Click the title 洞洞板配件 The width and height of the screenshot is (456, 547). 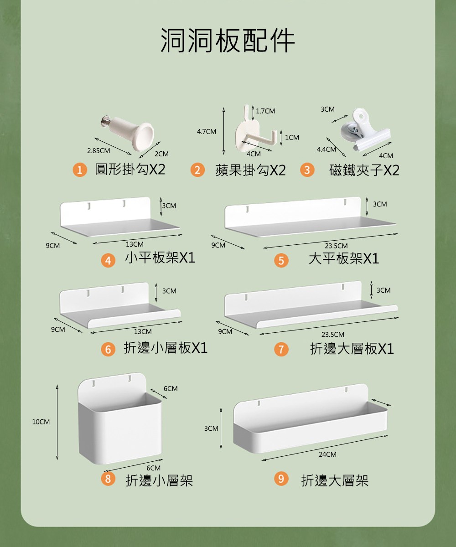[228, 40]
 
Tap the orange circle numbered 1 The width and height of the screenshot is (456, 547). [80, 170]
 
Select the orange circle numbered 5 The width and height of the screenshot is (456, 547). [281, 261]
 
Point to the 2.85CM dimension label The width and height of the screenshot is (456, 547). [98, 151]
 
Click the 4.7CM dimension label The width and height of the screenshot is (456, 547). [207, 132]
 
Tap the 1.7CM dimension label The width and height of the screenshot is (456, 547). [265, 111]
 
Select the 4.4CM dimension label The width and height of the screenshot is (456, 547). [326, 150]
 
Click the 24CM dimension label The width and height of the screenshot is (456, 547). [327, 454]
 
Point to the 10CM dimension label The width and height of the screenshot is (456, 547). [41, 422]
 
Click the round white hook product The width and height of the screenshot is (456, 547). [128, 133]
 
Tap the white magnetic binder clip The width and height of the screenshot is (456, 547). [365, 129]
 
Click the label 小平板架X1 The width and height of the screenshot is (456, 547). [160, 258]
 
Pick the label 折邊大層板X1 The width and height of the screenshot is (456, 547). [352, 349]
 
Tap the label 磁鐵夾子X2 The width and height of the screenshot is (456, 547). [364, 170]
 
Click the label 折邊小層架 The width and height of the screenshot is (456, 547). [159, 480]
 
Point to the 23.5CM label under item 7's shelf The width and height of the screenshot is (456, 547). [333, 335]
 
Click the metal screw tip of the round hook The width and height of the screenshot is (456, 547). [104, 121]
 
